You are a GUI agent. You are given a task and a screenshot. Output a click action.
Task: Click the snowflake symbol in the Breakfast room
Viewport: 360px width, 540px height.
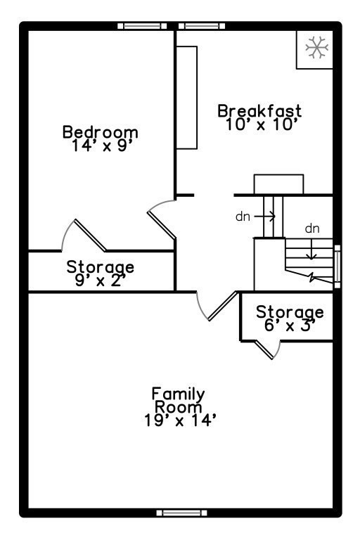[x=316, y=47]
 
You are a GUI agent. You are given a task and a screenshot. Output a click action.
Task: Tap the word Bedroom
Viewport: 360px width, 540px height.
[x=101, y=132]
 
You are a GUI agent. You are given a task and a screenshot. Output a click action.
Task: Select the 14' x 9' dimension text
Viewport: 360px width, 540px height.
[x=102, y=146]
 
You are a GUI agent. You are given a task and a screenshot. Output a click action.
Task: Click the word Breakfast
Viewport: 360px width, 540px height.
[x=259, y=111]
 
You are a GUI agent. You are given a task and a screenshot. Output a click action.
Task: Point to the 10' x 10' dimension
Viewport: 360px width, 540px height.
[x=261, y=124]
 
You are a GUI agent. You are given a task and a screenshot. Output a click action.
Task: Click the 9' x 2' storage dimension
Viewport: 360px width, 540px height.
[x=100, y=281]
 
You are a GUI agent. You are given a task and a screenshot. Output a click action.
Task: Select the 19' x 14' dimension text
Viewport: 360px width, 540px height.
[x=180, y=420]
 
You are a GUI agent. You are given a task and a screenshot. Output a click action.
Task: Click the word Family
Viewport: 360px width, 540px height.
[x=179, y=394]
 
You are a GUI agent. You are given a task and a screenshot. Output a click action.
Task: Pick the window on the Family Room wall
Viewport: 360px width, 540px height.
[x=181, y=513]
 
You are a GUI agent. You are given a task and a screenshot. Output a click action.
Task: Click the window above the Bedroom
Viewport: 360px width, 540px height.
[x=142, y=26]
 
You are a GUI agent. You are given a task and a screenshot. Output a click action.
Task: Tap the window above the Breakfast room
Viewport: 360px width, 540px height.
[x=202, y=26]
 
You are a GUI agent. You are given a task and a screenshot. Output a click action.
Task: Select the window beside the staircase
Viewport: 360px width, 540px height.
[x=337, y=266]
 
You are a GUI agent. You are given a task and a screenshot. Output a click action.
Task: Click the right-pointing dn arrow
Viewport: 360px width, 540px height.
[x=265, y=217]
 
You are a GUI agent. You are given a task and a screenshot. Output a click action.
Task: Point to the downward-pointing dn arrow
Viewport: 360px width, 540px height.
[x=311, y=250]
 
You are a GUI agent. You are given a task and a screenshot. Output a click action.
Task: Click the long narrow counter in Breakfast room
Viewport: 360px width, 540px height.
[x=187, y=98]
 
